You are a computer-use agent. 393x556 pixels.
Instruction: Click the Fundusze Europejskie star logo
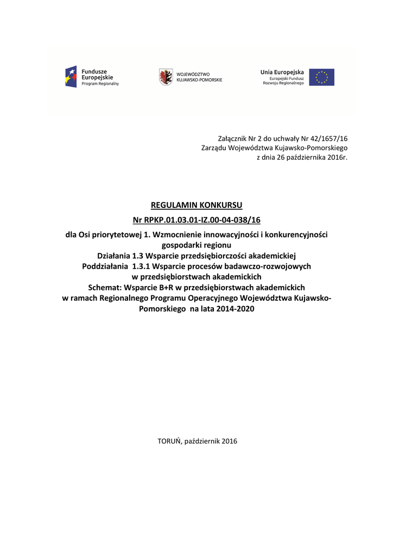[x=71, y=77]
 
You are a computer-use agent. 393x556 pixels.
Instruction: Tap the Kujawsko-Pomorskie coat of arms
[x=166, y=77]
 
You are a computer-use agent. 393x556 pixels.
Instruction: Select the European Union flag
[x=322, y=77]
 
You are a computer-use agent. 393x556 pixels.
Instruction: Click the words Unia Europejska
[x=282, y=72]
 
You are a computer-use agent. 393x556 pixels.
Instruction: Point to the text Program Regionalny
[x=100, y=84]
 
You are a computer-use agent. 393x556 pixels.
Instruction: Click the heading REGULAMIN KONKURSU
[x=196, y=205]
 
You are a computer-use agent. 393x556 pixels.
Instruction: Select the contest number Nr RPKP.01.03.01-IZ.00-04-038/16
[x=196, y=220]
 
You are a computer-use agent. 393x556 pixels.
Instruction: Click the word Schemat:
[x=105, y=287]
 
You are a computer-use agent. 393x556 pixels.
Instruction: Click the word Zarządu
[x=214, y=148]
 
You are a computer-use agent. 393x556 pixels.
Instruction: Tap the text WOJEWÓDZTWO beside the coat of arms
[x=193, y=74]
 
